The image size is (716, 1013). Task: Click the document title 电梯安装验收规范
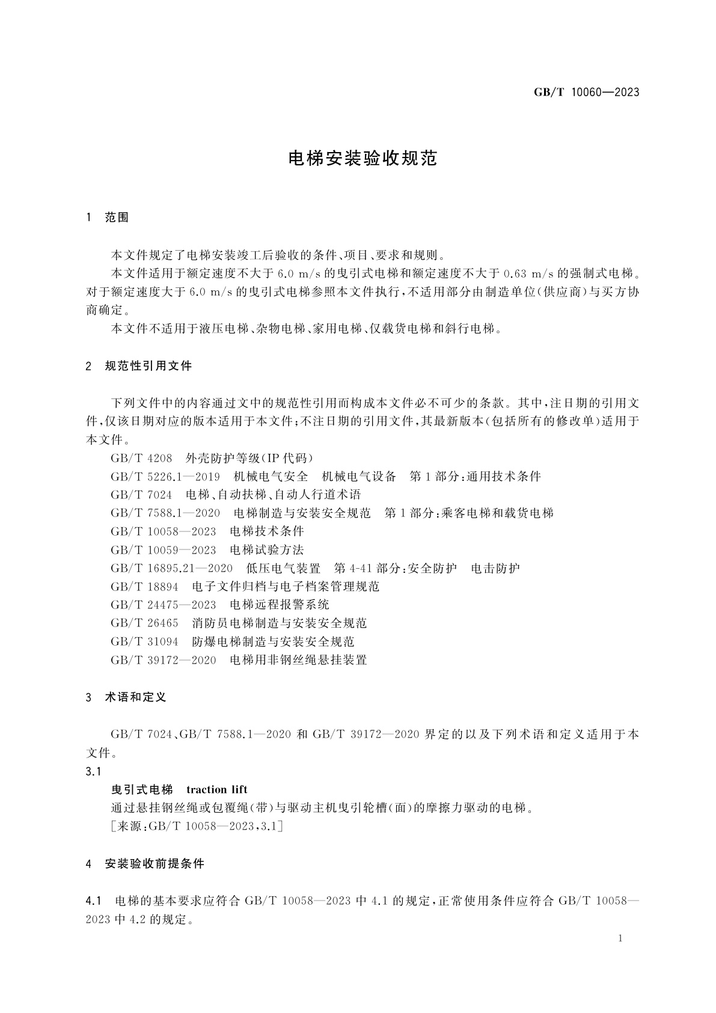363,159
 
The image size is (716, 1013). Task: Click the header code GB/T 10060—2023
586,93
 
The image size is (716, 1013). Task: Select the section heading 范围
117,218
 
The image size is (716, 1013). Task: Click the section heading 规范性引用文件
148,366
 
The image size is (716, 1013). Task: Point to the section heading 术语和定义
135,697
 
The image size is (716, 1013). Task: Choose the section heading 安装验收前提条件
155,864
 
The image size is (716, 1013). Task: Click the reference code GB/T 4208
141,458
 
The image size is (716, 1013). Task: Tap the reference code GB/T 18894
144,587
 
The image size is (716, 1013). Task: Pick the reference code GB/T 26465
144,623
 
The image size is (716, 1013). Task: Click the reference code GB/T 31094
144,642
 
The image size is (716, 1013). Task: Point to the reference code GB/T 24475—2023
164,605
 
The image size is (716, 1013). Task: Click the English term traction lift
217,789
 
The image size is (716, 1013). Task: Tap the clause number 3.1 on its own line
94,771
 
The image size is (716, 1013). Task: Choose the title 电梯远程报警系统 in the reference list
280,605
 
